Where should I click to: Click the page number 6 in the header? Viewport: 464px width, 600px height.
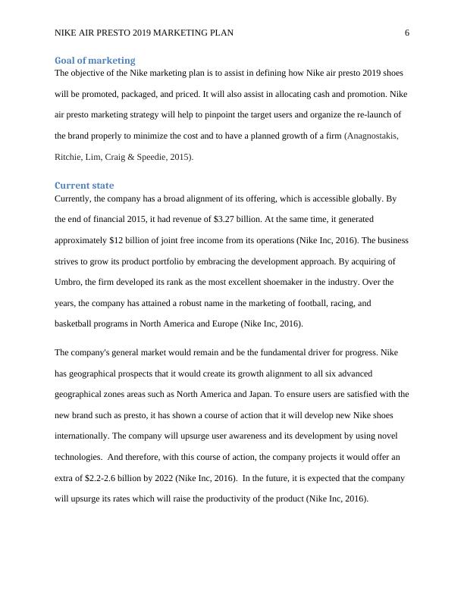(407, 33)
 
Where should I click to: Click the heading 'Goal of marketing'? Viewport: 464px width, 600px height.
(95, 60)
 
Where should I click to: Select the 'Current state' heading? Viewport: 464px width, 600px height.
(84, 185)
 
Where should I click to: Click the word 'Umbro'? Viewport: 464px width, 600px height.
(70, 282)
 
